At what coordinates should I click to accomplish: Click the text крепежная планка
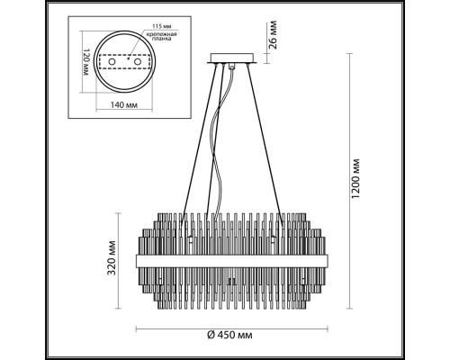(x=150, y=40)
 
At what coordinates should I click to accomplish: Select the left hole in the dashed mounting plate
(x=112, y=67)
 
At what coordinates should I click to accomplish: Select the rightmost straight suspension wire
(x=267, y=144)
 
